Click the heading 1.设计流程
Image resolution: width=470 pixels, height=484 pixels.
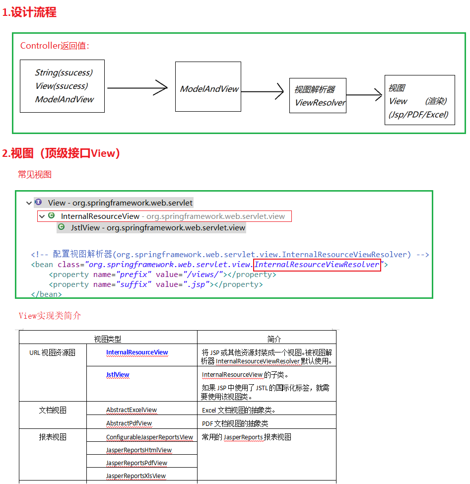click(30, 12)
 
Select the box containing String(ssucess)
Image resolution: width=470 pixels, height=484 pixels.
click(62, 86)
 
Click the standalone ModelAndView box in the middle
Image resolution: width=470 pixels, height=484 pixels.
click(208, 89)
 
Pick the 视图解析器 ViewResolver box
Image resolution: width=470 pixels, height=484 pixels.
click(318, 96)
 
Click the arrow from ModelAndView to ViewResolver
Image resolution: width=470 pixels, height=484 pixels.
click(263, 92)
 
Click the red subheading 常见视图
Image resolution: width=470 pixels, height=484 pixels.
click(35, 174)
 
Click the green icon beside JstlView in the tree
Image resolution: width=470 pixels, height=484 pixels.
click(62, 227)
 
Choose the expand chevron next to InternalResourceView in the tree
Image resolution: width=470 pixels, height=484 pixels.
click(42, 216)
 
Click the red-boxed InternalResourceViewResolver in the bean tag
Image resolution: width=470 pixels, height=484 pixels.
click(317, 265)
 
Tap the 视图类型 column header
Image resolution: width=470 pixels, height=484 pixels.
click(108, 339)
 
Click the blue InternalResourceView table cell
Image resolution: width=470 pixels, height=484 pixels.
click(137, 352)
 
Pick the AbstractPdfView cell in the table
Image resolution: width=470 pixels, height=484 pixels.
click(129, 423)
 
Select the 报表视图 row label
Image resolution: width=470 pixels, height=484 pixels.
click(53, 437)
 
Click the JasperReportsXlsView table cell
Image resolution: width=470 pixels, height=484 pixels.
click(136, 476)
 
